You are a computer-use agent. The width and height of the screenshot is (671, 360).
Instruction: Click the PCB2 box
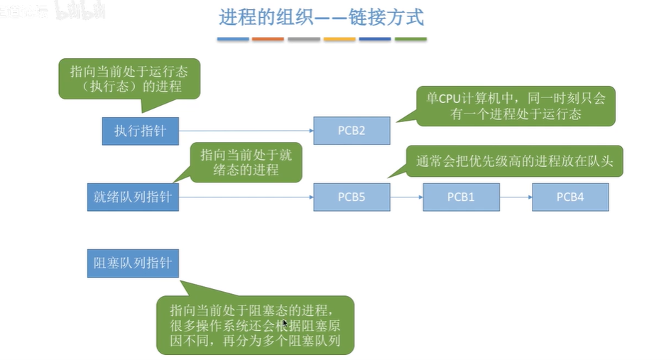point(351,131)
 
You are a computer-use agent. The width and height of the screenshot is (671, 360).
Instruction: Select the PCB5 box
point(351,197)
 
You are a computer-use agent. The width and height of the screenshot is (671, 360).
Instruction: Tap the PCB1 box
point(461,197)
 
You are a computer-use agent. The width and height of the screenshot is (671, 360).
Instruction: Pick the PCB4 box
point(570,197)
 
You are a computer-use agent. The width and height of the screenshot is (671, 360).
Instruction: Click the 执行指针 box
point(140,131)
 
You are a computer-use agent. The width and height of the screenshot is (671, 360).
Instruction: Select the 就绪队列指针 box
point(132,197)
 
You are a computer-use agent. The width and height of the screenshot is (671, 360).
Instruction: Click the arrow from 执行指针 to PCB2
point(246,131)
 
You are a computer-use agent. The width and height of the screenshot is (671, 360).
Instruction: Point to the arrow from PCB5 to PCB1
point(406,197)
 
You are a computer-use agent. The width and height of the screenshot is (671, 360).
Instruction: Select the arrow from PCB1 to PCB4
point(515,197)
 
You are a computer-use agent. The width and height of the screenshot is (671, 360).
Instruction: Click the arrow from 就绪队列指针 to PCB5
point(246,197)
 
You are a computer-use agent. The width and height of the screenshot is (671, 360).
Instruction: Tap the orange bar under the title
point(268,39)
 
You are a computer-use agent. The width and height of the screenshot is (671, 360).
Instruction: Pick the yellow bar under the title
point(339,39)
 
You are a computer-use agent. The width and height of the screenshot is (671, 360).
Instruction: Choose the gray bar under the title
point(304,39)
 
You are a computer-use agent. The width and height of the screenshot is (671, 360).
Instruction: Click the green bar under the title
point(410,39)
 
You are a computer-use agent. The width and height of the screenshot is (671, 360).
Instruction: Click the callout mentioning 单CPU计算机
point(515,106)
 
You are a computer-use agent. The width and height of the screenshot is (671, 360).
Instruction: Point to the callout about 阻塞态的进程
point(255,325)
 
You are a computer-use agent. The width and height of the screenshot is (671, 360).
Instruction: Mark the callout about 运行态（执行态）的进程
point(128,78)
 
